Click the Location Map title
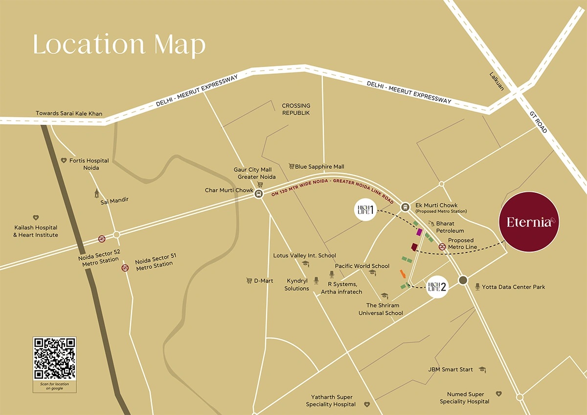[x=119, y=45]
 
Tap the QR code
[x=54, y=358]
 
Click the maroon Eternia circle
[x=529, y=222]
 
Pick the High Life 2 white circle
[x=438, y=287]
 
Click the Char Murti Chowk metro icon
[x=258, y=194]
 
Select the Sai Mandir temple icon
[x=97, y=193]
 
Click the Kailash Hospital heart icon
[x=36, y=218]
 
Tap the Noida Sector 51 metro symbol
[x=125, y=268]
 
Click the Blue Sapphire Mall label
[x=319, y=167]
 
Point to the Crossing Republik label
[x=296, y=109]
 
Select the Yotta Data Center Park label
[x=513, y=287]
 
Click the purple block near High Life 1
[x=419, y=232]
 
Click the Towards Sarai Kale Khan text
[x=69, y=114]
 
